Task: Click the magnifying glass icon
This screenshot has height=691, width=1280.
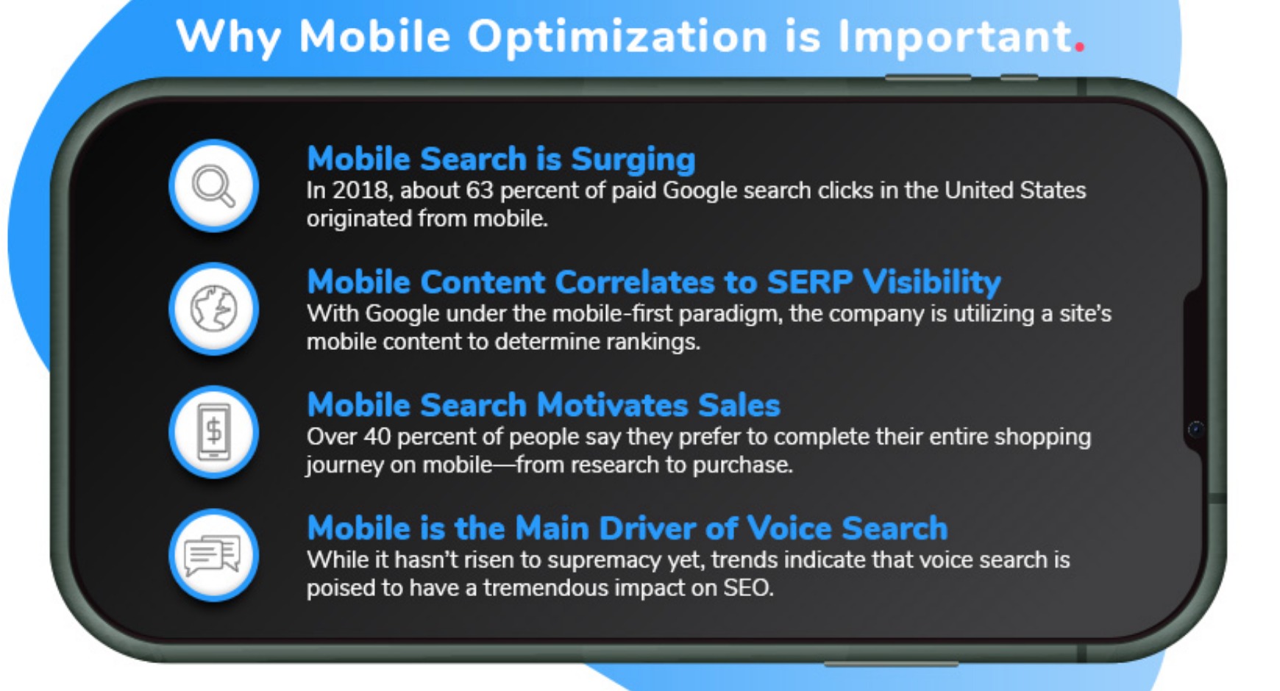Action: [213, 187]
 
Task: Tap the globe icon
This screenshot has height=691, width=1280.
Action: [213, 309]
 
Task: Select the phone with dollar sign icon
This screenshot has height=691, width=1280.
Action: [214, 432]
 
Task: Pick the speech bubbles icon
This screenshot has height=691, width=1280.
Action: [213, 555]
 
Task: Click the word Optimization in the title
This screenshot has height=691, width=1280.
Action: [617, 37]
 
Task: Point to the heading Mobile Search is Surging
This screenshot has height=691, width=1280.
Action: [501, 159]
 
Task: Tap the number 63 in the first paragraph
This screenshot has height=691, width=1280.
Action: [479, 190]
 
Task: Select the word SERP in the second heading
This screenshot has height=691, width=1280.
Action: [810, 282]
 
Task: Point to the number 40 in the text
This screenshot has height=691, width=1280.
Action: [377, 437]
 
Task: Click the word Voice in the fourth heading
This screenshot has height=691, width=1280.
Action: [789, 528]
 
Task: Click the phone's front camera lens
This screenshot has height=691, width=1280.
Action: [1195, 429]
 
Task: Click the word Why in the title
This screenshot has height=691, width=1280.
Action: [228, 37]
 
